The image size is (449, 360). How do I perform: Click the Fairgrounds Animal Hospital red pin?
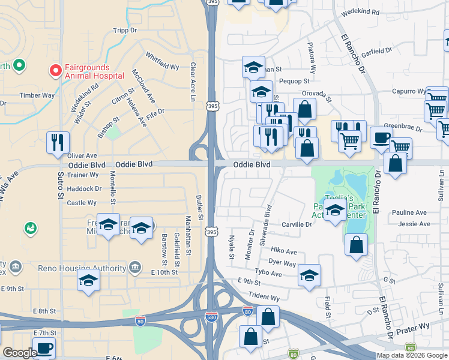click(x=55, y=71)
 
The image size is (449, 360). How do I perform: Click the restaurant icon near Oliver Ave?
click(x=58, y=142)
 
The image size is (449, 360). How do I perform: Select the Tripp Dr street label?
click(x=125, y=31)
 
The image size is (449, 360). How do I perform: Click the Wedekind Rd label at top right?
click(x=360, y=12)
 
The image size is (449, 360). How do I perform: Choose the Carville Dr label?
click(x=297, y=224)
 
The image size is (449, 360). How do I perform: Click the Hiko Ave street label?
click(x=284, y=251)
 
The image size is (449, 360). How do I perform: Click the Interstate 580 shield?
click(x=211, y=316)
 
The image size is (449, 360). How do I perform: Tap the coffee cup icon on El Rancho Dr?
click(x=381, y=137)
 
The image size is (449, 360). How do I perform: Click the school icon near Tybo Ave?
click(x=309, y=275)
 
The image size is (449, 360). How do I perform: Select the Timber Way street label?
click(x=37, y=95)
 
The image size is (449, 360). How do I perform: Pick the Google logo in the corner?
click(x=20, y=353)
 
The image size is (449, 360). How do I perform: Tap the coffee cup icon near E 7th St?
click(x=44, y=348)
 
